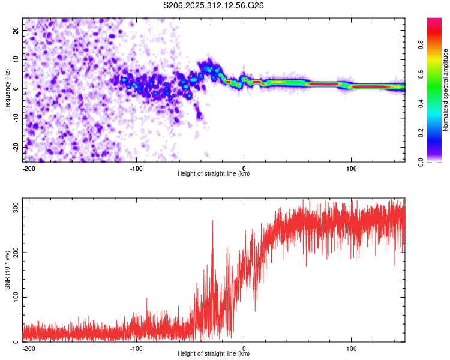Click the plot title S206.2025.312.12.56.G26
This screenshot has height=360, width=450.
(213, 5)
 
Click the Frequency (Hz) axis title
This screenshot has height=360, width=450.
(7, 90)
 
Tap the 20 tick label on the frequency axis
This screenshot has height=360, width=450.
(16, 30)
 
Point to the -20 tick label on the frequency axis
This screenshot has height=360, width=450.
(16, 148)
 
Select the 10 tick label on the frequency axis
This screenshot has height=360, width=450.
(16, 59)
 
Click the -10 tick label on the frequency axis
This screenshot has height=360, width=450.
(16, 118)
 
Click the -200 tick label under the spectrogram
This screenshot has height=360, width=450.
(29, 169)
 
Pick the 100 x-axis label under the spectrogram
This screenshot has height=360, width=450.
(351, 169)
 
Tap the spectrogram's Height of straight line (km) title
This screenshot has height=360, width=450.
(214, 173)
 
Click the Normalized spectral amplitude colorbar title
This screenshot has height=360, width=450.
(445, 90)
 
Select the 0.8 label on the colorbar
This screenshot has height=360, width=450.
(421, 45)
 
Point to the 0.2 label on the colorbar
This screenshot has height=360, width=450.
(421, 133)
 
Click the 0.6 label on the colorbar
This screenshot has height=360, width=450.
(421, 74)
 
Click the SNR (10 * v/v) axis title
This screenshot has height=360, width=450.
(7, 270)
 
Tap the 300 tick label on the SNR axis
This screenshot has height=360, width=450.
(16, 208)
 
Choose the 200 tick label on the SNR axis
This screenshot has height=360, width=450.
(16, 253)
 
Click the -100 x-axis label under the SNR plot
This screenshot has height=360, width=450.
(136, 349)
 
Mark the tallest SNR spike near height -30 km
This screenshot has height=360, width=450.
(212, 221)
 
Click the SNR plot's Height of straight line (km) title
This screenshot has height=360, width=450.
(214, 353)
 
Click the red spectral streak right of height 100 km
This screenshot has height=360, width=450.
(371, 86)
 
